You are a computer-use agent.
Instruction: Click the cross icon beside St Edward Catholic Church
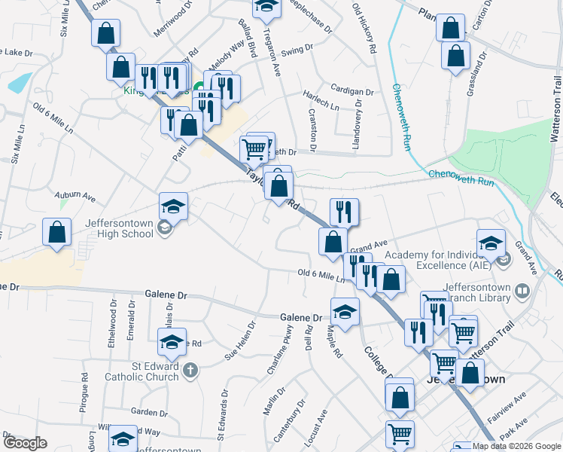click(x=190, y=370)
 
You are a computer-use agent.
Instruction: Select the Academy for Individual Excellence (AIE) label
click(x=437, y=261)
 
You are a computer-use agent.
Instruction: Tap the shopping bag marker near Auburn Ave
click(x=56, y=234)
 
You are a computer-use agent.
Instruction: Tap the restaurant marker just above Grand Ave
click(x=344, y=212)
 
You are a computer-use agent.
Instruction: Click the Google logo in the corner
click(x=26, y=444)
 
